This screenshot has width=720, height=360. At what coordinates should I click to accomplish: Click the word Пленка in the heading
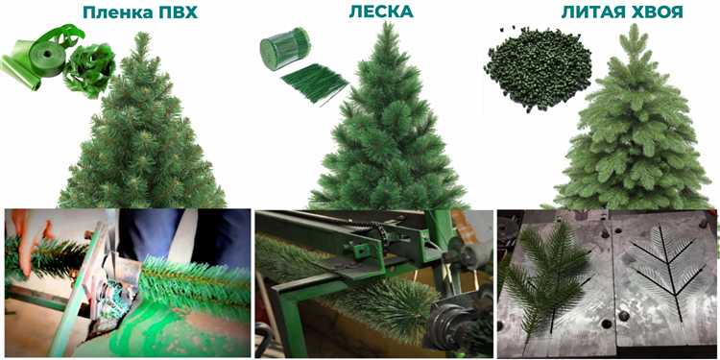[x=118, y=12]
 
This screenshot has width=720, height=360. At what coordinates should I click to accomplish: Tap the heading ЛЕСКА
[x=381, y=12]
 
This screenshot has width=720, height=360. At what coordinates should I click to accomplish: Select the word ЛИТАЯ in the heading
[x=592, y=12]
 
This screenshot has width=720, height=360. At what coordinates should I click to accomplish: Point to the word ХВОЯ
[x=657, y=12]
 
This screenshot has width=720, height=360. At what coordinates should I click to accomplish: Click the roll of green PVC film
[x=41, y=56]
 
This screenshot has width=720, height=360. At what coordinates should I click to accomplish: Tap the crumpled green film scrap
[x=89, y=69]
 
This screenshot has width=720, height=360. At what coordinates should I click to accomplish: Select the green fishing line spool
[x=285, y=48]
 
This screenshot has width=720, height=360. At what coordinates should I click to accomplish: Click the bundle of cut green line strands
[x=315, y=84]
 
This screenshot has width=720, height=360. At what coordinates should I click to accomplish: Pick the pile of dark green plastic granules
[x=537, y=68]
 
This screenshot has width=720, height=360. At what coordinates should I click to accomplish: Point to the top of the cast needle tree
[x=635, y=25]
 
